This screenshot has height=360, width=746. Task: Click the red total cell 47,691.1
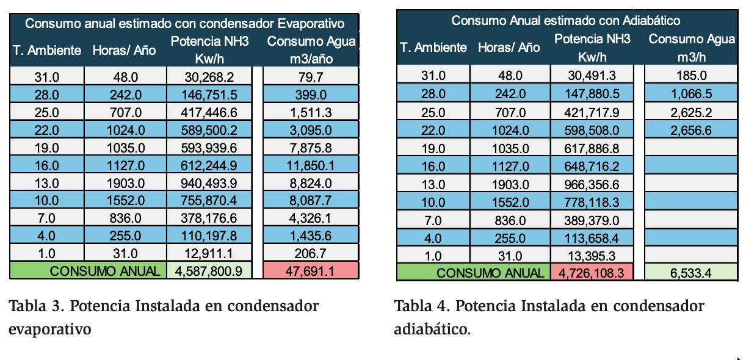pos(311,270)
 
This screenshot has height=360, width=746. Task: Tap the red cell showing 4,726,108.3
pos(591,272)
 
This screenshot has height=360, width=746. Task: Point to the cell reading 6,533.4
pos(690,272)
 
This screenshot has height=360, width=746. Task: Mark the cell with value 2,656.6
pos(690,129)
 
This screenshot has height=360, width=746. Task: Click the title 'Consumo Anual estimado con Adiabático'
pos(565,21)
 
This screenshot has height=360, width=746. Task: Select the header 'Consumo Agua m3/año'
pos(311,50)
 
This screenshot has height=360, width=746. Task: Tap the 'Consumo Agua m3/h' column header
pos(690,48)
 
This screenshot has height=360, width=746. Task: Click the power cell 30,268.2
pos(209,77)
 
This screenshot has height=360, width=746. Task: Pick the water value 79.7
pos(311,77)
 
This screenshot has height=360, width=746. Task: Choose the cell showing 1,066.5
pos(690,94)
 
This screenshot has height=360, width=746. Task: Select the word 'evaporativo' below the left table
pos(49,329)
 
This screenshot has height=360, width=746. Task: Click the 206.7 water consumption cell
pos(311,253)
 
